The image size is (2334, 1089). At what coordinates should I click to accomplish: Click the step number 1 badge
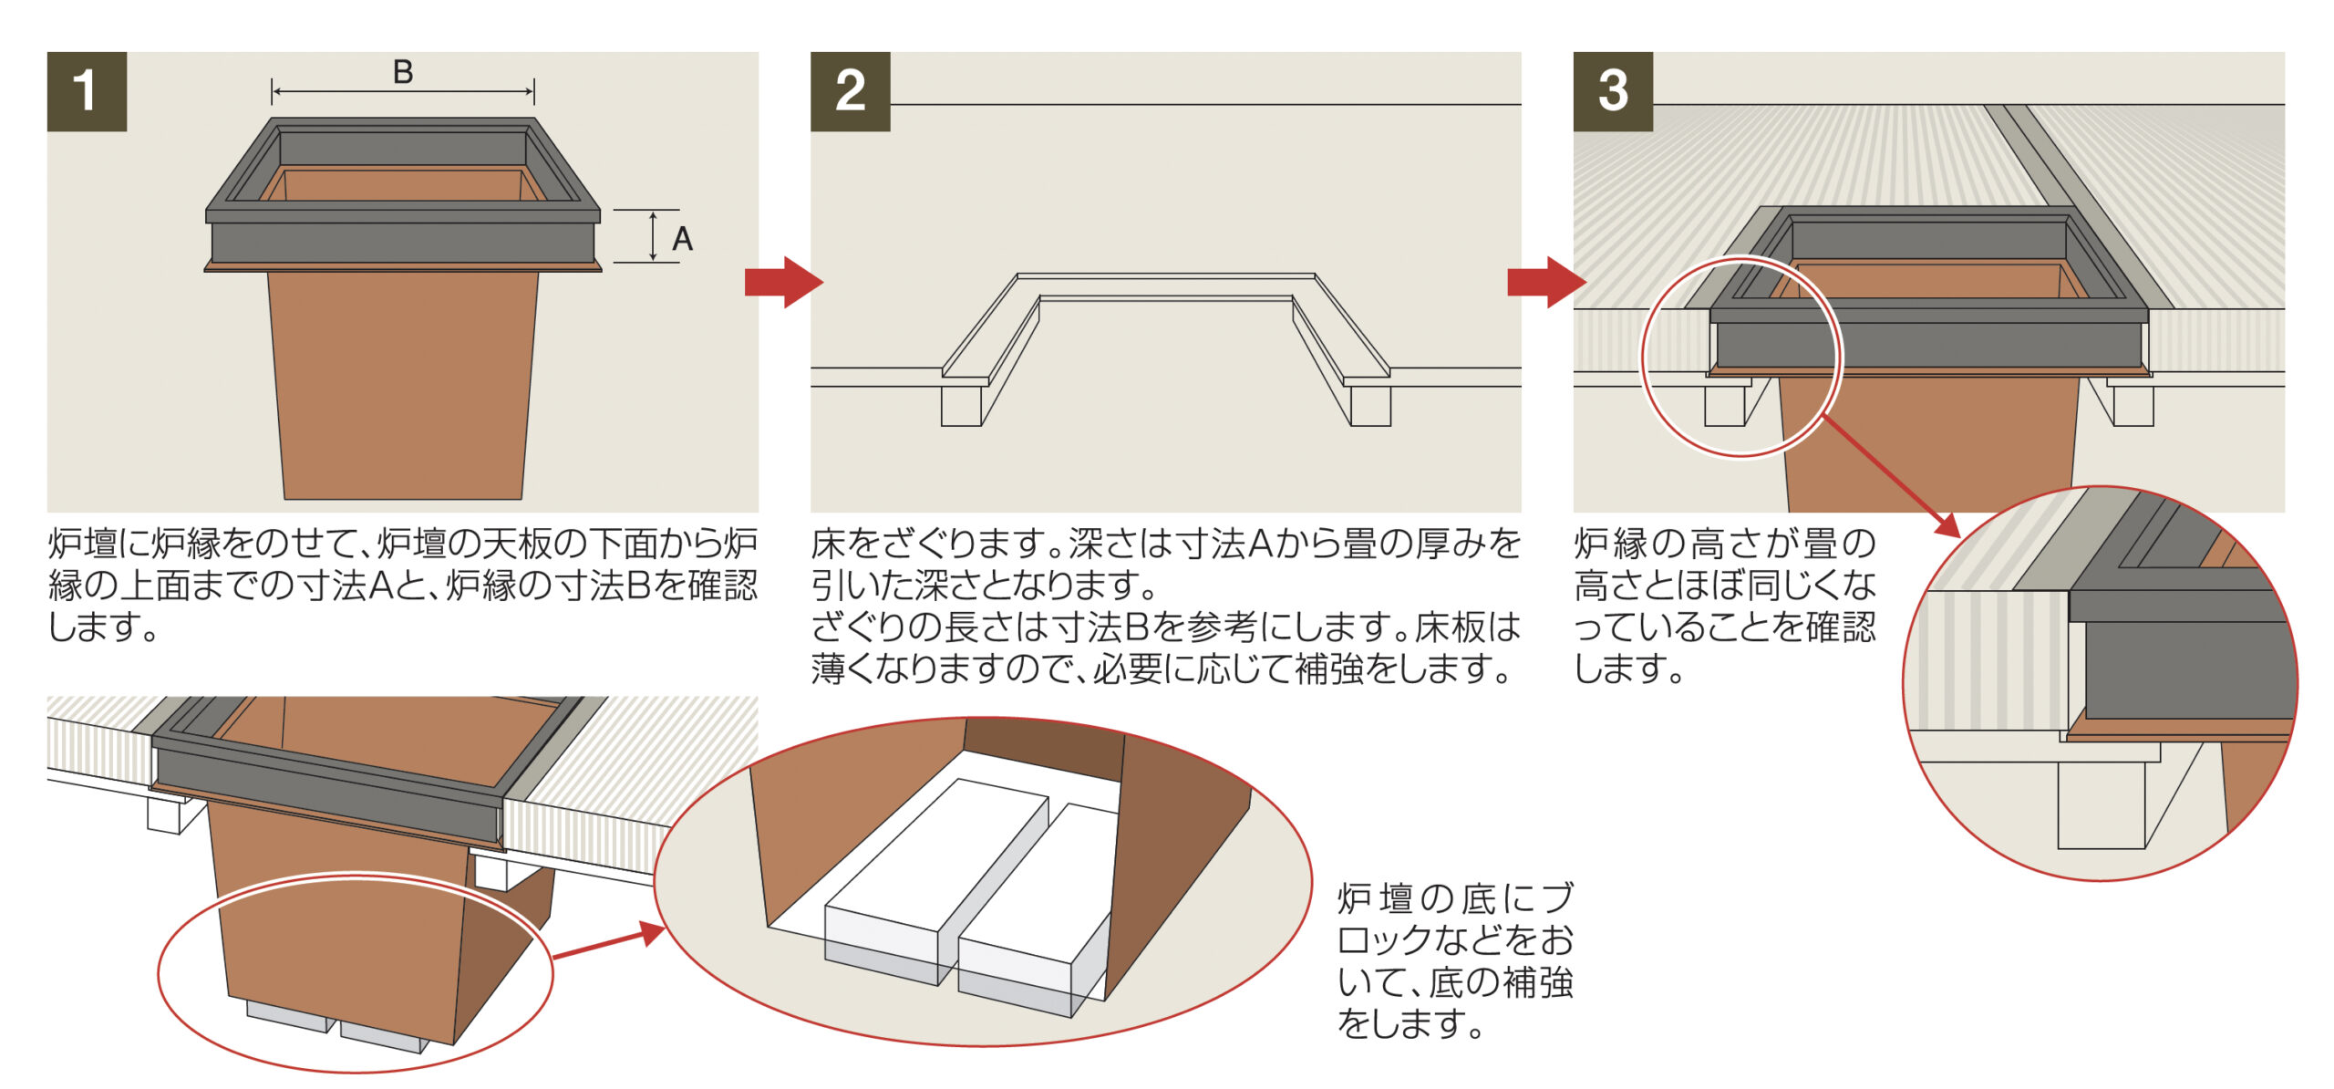[x=87, y=91]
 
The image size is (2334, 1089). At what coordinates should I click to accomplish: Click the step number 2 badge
[x=850, y=91]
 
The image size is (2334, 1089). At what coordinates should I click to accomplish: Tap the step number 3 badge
[x=1612, y=91]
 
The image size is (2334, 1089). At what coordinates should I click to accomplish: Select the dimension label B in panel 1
[x=403, y=72]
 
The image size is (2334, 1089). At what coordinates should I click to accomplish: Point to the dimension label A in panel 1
[x=682, y=239]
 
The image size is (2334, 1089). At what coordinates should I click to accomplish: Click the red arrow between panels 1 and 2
[x=782, y=282]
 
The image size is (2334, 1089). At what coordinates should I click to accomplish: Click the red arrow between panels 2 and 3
[x=1545, y=282]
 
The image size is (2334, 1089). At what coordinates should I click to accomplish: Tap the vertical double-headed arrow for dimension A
[x=653, y=236]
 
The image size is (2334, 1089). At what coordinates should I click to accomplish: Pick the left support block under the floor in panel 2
[x=961, y=406]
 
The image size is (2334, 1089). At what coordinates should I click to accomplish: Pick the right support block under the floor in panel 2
[x=1370, y=406]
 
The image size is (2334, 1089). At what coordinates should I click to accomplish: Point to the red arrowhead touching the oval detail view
[x=650, y=933]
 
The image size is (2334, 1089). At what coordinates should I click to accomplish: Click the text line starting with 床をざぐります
[x=1165, y=544]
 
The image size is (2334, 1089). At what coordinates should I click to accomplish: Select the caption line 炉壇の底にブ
[x=1455, y=898]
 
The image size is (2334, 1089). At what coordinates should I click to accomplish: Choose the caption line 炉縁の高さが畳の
[x=1724, y=544]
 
